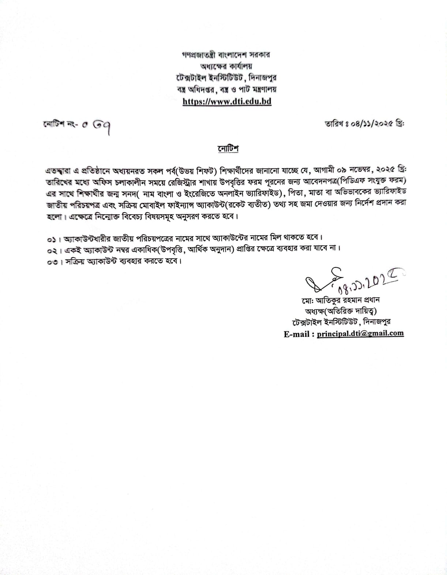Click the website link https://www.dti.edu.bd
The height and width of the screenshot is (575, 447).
click(227, 101)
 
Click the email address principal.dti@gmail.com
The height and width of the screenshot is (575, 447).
click(360, 333)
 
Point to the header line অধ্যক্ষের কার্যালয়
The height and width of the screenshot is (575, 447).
click(226, 67)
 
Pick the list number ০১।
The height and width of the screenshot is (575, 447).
click(53, 240)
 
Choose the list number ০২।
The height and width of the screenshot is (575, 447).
click(53, 251)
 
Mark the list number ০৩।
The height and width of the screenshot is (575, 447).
click(53, 262)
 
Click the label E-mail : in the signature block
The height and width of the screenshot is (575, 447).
click(299, 334)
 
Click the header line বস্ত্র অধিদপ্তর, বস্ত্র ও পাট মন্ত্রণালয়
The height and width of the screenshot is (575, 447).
click(226, 89)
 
